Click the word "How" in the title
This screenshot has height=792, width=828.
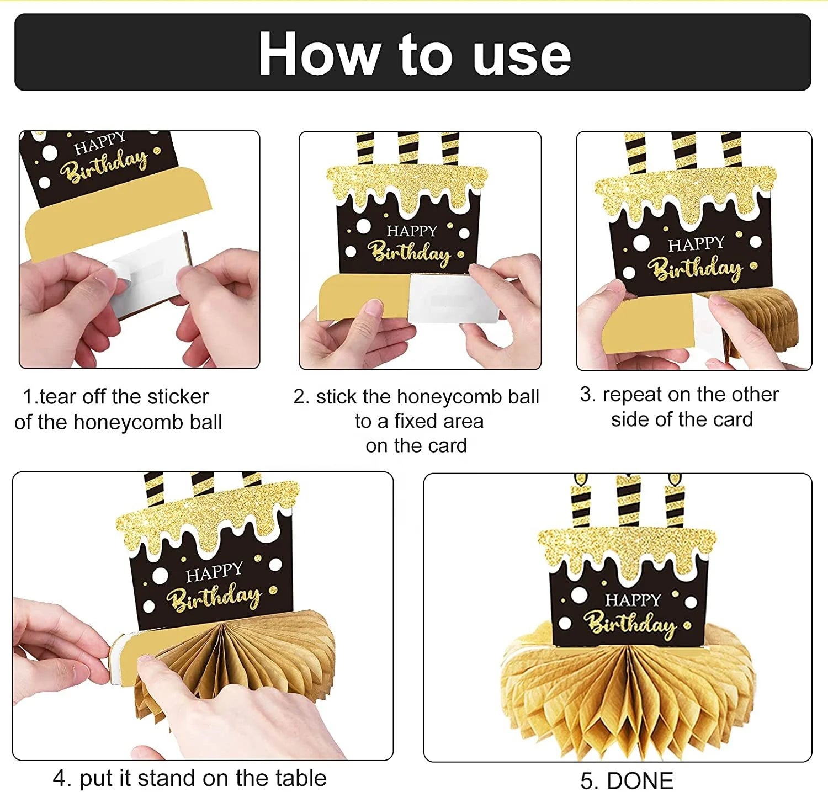pyautogui.click(x=319, y=54)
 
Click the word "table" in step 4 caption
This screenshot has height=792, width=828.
pyautogui.click(x=301, y=778)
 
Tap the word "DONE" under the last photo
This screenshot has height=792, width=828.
pyautogui.click(x=640, y=781)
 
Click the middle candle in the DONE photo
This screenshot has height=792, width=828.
pyautogui.click(x=628, y=500)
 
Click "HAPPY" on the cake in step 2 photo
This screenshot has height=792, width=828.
pyautogui.click(x=412, y=231)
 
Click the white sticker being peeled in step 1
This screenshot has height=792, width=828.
pyautogui.click(x=146, y=270)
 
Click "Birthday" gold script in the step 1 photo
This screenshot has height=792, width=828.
pyautogui.click(x=104, y=165)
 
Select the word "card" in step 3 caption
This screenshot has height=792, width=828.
pyautogui.click(x=731, y=419)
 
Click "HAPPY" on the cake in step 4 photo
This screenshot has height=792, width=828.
pyautogui.click(x=214, y=572)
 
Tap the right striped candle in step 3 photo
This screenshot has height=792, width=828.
pyautogui.click(x=732, y=150)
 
